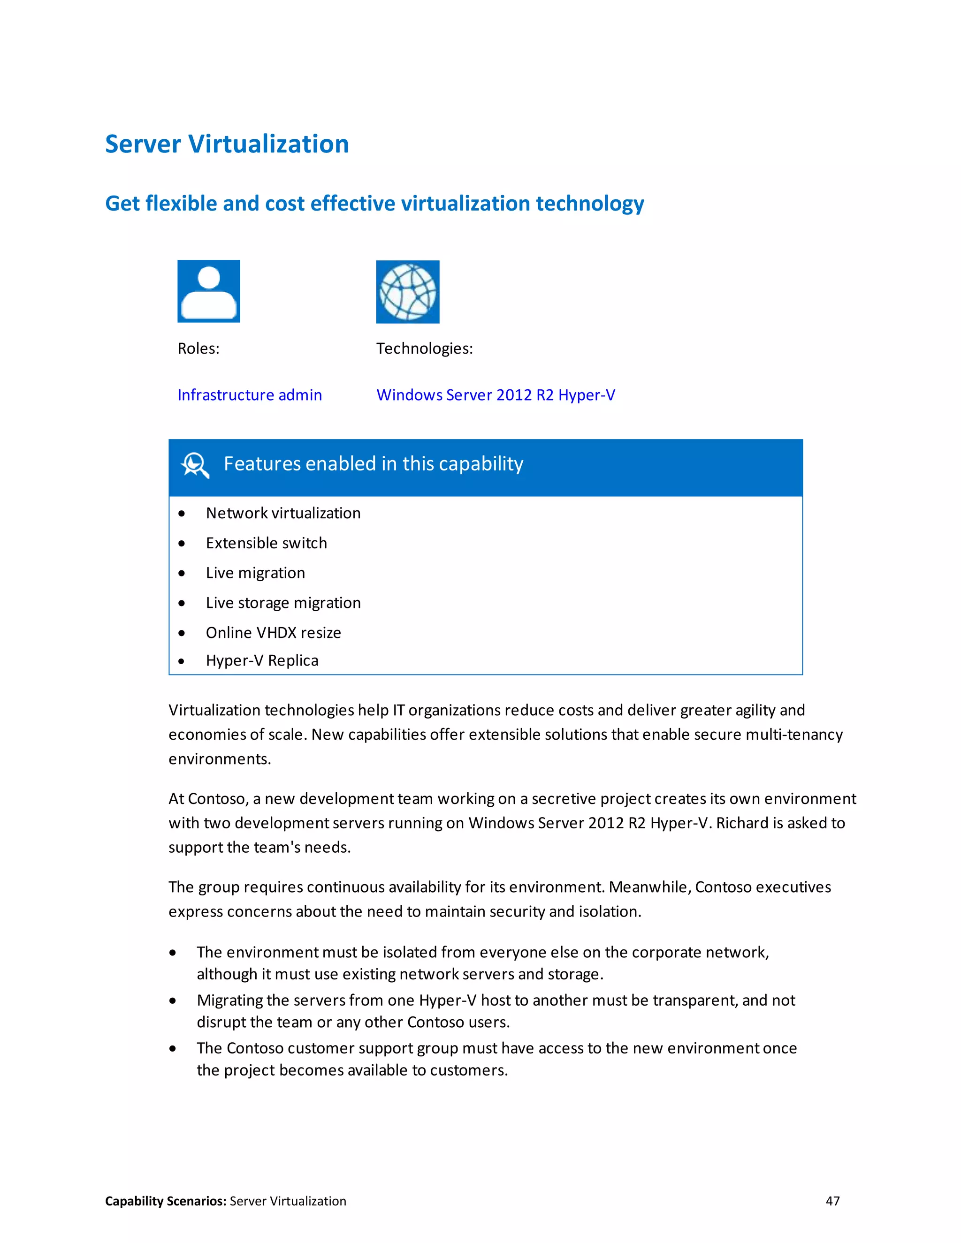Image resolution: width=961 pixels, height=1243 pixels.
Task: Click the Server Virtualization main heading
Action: [x=227, y=144]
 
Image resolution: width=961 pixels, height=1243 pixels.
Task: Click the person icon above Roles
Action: [x=208, y=291]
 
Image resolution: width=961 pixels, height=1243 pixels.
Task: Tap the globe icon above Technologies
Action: [x=408, y=292]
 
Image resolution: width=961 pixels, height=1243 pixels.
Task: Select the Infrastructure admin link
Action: [x=249, y=395]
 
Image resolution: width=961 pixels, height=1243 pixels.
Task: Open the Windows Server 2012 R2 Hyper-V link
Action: [x=496, y=395]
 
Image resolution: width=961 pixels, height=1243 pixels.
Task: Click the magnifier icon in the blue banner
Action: [x=195, y=465]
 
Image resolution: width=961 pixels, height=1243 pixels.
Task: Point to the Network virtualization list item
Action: [x=283, y=513]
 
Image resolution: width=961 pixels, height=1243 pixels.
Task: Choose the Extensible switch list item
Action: [x=266, y=543]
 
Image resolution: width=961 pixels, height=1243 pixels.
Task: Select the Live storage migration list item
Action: [x=283, y=603]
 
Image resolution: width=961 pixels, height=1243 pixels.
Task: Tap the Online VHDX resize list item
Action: [x=273, y=633]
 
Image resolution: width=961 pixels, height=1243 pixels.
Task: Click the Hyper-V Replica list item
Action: [x=262, y=661]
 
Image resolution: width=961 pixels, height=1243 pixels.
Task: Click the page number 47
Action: [x=832, y=1201]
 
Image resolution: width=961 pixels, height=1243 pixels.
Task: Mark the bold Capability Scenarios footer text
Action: [x=166, y=1201]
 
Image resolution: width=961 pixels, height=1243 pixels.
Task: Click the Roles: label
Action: [x=198, y=349]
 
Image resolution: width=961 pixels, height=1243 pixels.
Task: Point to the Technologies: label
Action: [x=424, y=349]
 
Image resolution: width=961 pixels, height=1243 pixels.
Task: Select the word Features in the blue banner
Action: [x=261, y=464]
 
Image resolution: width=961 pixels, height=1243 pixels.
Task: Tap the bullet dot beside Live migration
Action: [x=182, y=573]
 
